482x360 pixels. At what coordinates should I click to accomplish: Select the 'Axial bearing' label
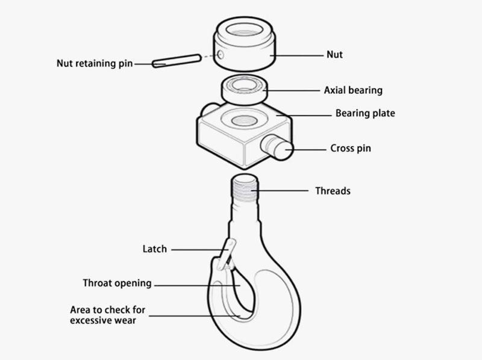[353, 90]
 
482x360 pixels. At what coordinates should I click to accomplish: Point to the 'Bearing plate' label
[365, 113]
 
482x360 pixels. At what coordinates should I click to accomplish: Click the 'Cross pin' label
[351, 148]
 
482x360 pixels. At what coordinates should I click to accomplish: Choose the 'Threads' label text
[333, 191]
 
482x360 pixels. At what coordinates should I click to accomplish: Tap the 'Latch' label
[154, 249]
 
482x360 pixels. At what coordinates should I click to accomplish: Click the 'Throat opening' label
[117, 283]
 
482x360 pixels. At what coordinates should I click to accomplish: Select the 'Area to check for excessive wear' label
[107, 315]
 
